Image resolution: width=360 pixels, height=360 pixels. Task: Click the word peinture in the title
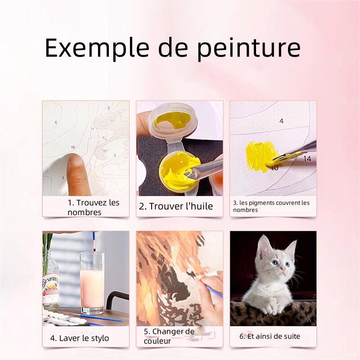click(x=249, y=49)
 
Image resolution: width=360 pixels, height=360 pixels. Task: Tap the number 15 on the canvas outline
click(x=73, y=147)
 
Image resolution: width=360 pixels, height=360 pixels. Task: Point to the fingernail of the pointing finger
click(x=76, y=160)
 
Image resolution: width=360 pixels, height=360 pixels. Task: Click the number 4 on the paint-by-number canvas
click(x=282, y=121)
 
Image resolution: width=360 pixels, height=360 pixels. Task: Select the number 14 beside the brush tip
click(x=307, y=159)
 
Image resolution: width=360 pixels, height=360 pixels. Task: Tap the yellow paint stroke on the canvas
click(x=261, y=156)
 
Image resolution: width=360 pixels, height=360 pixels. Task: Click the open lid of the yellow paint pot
click(x=173, y=121)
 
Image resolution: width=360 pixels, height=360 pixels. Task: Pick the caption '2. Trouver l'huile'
click(x=176, y=206)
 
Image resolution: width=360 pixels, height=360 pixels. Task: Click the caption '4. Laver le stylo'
click(x=80, y=338)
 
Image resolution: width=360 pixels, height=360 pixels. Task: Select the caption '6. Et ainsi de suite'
click(x=270, y=336)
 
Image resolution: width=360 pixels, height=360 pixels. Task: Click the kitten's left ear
click(x=263, y=246)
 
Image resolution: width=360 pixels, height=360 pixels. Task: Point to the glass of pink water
click(x=92, y=283)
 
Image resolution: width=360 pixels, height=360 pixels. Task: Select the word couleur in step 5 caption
click(x=157, y=341)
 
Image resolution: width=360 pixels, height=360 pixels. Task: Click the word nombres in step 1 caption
click(x=84, y=212)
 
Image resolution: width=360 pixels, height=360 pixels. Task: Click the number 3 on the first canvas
click(x=108, y=108)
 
